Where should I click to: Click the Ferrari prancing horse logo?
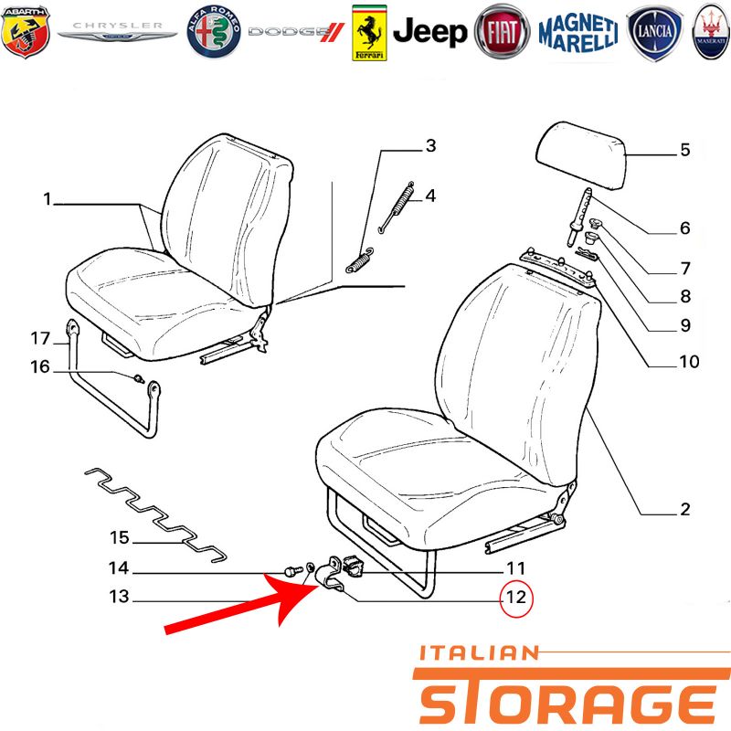[x=369, y=33]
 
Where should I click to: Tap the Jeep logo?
[x=429, y=32]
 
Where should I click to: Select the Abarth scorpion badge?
[x=26, y=32]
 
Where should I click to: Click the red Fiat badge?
[x=502, y=32]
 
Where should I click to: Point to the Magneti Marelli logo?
[x=578, y=32]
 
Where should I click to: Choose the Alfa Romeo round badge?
[x=214, y=32]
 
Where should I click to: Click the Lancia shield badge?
[x=654, y=33]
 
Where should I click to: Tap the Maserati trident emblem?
[x=711, y=32]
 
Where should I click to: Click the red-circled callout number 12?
[x=516, y=598]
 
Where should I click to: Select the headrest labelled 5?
[x=579, y=154]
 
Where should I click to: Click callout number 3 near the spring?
[x=430, y=145]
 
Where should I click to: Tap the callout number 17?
[x=40, y=338]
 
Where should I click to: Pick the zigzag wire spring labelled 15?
[x=155, y=514]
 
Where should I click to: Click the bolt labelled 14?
[x=292, y=570]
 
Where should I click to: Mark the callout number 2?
[x=684, y=509]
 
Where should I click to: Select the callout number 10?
[x=689, y=361]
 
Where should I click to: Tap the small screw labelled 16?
[x=139, y=378]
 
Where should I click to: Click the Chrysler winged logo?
[x=117, y=32]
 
